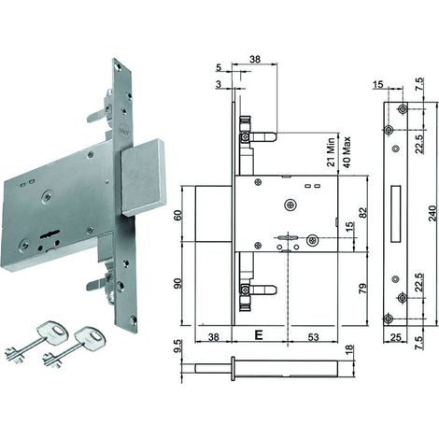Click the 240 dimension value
click(x=433, y=213)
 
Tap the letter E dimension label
click(x=259, y=335)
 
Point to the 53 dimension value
click(x=313, y=337)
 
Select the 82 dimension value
click(x=362, y=213)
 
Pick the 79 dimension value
click(x=362, y=289)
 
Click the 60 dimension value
click(x=177, y=216)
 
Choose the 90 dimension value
click(x=177, y=284)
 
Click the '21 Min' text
click(x=331, y=152)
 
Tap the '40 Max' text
click(x=346, y=152)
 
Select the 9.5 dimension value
click(x=177, y=347)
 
